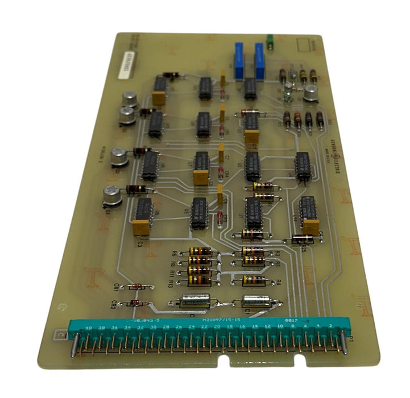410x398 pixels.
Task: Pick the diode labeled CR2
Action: point(135,304)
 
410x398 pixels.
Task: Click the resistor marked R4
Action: point(254,280)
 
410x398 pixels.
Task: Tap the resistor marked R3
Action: point(254,251)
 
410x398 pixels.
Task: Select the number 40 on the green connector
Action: point(88,329)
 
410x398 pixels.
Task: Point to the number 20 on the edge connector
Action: point(218,328)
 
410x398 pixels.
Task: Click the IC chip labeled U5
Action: point(198,213)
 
